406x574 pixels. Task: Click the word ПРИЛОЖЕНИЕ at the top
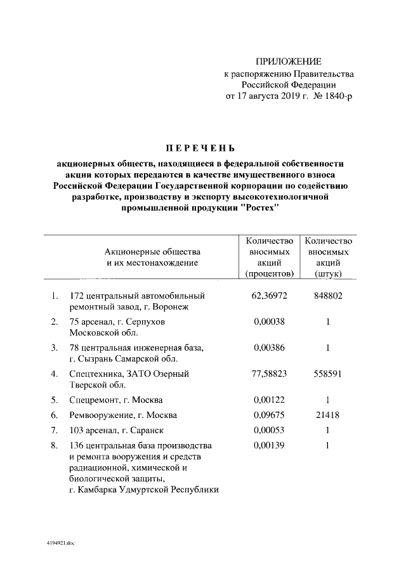[x=289, y=62]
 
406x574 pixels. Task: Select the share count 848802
[x=328, y=296]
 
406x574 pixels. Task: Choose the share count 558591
[x=328, y=374]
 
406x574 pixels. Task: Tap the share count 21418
[x=328, y=415]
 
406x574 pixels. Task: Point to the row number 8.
[x=54, y=446]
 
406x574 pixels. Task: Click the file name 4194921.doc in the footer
[x=60, y=544]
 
